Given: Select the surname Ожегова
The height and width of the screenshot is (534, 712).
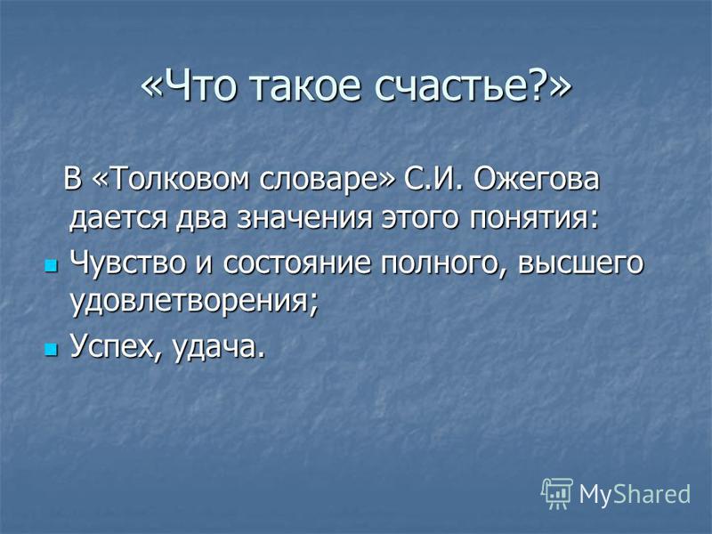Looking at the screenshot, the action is coord(537,179).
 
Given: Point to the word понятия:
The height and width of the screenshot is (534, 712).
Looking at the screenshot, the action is coord(534,220).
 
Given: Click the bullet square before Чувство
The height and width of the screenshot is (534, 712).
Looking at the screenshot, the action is coord(52,266).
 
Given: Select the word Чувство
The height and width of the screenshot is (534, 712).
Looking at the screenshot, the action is coord(127,263).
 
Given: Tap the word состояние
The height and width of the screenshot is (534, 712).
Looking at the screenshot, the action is coord(296,263).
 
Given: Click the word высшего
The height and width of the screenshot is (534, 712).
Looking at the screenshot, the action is coord(580,264).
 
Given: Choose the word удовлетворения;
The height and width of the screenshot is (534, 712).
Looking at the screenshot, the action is coord(193,302).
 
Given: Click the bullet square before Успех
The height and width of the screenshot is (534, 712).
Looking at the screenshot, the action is coord(52,350).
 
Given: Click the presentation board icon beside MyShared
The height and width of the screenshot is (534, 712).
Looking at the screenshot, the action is coord(557,493).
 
